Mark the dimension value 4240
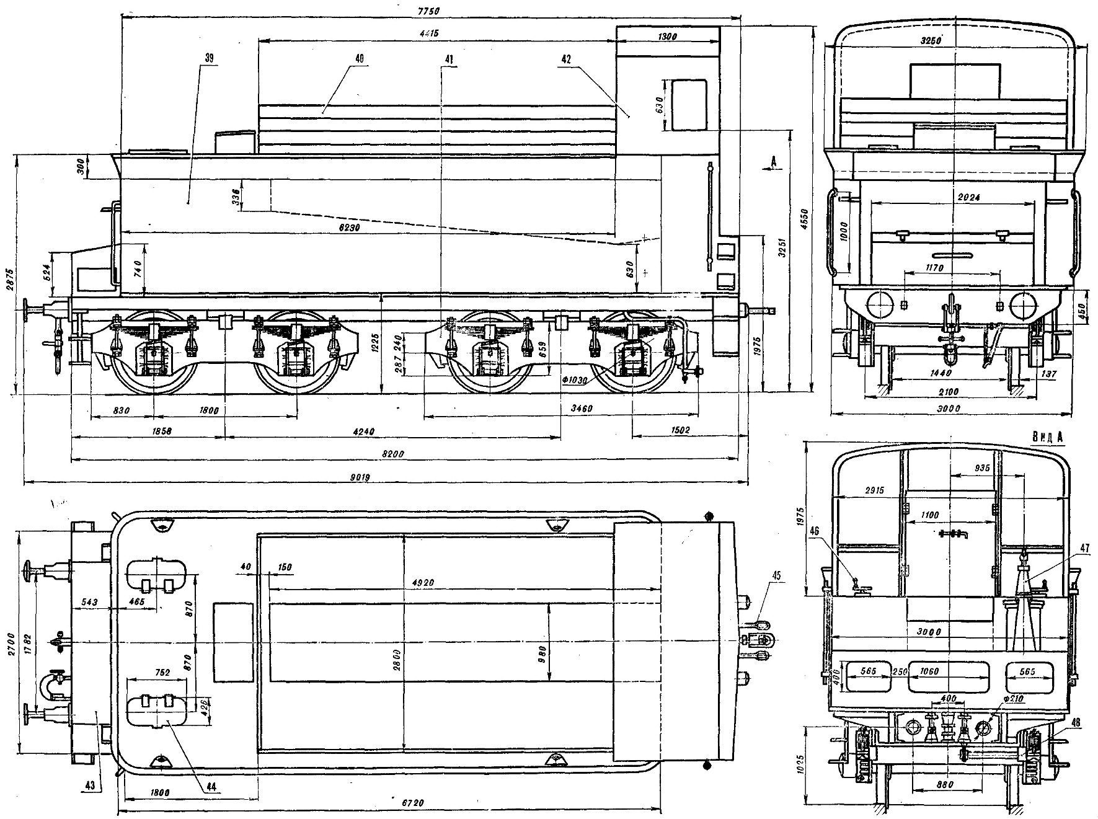click(x=390, y=431)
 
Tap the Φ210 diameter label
click(x=1011, y=699)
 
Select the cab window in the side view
click(x=689, y=104)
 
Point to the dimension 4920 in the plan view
click(x=422, y=583)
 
